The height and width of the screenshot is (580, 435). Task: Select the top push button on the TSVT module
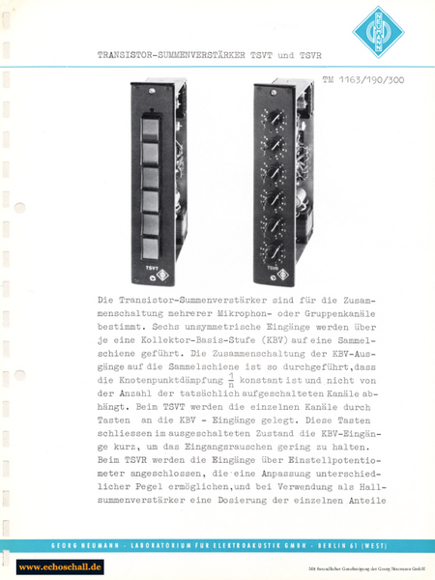(152, 127)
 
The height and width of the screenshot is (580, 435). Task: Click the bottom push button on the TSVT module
(152, 228)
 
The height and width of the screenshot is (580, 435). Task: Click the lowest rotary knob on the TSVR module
(276, 234)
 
